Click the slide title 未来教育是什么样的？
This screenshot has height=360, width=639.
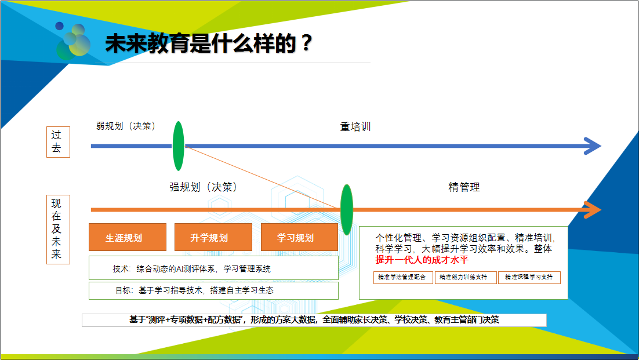(209, 43)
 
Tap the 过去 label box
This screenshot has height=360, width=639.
(59, 141)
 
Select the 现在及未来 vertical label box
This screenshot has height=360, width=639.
(59, 230)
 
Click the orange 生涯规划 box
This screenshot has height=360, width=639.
(128, 237)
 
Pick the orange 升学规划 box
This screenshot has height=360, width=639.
(213, 237)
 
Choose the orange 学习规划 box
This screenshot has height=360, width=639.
(299, 237)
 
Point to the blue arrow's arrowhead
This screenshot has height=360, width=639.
(593, 146)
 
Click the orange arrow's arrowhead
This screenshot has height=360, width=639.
(593, 210)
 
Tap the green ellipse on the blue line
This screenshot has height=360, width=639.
(178, 146)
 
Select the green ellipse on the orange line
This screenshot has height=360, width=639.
(346, 210)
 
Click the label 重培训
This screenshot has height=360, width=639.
(355, 126)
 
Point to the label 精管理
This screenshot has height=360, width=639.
(464, 187)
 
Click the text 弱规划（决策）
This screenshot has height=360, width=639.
(126, 126)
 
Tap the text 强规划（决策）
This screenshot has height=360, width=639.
(204, 187)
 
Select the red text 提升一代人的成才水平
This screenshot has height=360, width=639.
(422, 259)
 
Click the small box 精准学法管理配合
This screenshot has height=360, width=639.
(403, 277)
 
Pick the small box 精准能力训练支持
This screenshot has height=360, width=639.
(466, 277)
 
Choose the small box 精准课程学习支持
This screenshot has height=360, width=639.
(529, 277)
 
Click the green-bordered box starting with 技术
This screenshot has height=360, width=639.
(213, 268)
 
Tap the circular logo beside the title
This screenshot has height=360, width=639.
(73, 41)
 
